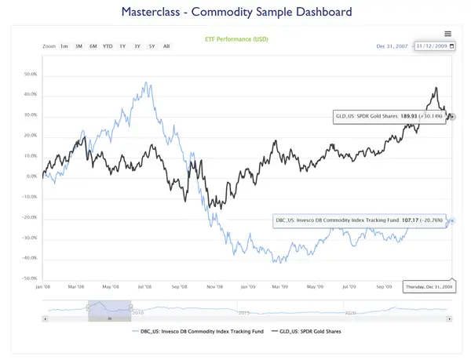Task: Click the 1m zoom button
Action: click(64, 46)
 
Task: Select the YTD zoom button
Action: click(108, 46)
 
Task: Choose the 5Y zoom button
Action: click(152, 46)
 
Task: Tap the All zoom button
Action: click(166, 46)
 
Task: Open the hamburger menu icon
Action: click(447, 34)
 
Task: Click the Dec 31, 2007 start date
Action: click(392, 46)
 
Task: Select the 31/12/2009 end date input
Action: click(433, 46)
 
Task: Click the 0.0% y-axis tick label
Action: click(32, 176)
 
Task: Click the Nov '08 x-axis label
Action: click(214, 287)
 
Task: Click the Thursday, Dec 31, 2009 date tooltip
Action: click(428, 287)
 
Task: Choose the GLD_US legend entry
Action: click(316, 332)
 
